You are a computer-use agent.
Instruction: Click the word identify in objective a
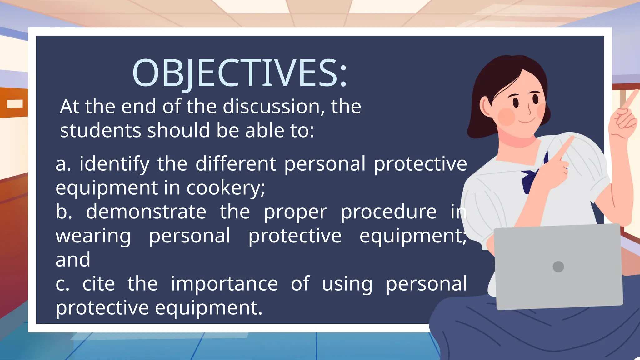click(x=114, y=164)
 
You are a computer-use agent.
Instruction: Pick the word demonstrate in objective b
click(x=146, y=212)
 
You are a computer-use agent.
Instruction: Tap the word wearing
click(x=93, y=236)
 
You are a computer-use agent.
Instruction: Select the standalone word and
click(x=73, y=260)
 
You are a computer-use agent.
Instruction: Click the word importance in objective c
click(x=224, y=284)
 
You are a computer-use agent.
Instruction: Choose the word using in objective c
click(x=347, y=284)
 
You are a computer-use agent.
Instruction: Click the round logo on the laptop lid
click(x=558, y=267)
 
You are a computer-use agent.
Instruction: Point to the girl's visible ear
click(x=485, y=106)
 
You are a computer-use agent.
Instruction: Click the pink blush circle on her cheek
click(x=506, y=117)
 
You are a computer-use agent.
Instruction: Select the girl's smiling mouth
click(x=527, y=121)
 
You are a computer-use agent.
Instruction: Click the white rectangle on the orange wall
click(x=15, y=104)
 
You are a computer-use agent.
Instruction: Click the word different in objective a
click(x=236, y=164)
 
